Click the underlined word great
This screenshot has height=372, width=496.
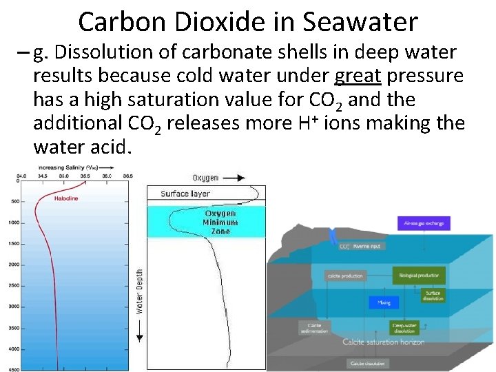358,74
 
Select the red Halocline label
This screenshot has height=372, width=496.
67,198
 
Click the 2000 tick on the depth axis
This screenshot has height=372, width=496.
14,265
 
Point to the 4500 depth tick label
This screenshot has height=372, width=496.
14,370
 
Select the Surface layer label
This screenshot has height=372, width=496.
185,194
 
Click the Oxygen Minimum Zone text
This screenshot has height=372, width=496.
220,223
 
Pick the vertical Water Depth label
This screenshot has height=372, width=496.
139,291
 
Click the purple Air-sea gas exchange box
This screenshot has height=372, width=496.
424,223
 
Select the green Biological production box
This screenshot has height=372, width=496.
418,276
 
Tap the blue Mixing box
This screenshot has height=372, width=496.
384,302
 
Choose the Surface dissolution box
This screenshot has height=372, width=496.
433,295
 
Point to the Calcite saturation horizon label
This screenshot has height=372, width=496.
384,342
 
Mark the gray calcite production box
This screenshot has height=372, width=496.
344,276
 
